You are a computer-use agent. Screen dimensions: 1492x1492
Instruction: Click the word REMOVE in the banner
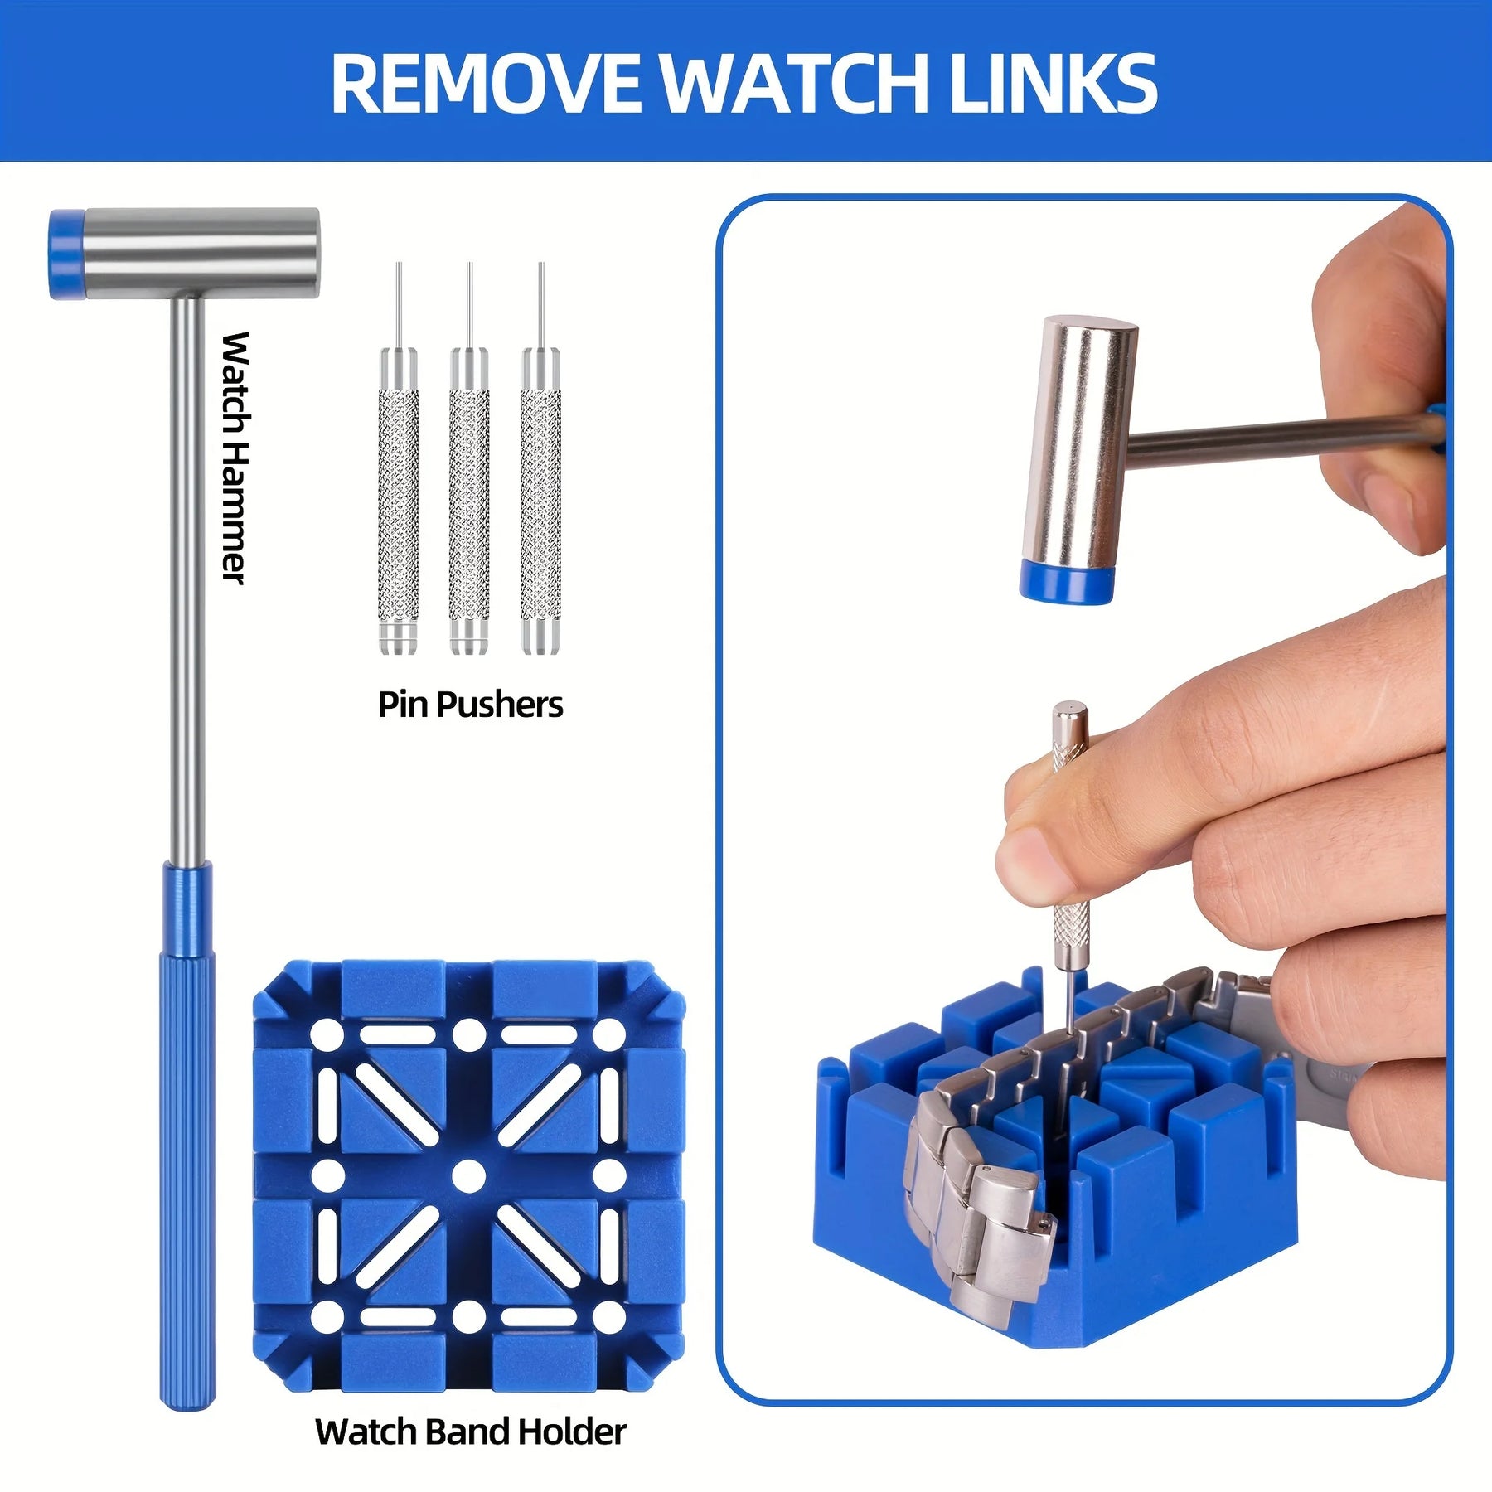click(486, 83)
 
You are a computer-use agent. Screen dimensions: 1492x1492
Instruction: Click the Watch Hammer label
click(235, 458)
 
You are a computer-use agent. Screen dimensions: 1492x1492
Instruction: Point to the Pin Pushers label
click(470, 705)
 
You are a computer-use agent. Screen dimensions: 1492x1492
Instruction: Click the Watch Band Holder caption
click(470, 1432)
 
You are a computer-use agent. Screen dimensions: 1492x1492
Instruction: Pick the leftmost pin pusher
click(398, 458)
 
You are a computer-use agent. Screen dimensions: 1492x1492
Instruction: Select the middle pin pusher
click(469, 458)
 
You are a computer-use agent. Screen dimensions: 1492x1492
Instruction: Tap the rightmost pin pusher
click(540, 458)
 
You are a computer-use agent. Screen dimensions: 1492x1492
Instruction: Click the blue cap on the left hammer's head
click(67, 254)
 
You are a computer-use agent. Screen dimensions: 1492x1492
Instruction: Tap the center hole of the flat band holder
click(469, 1175)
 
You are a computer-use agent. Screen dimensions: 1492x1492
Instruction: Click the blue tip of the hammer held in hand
click(1067, 579)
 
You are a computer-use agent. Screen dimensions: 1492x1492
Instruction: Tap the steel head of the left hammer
click(201, 253)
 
